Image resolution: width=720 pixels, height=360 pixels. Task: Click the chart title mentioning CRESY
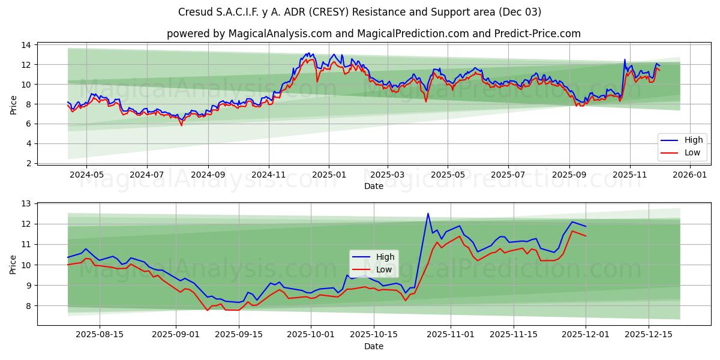click(359, 12)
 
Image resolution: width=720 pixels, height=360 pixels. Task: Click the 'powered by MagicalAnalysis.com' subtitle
click(373, 34)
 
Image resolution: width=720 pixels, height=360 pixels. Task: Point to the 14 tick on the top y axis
click(27, 45)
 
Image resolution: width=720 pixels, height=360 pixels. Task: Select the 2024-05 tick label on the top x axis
click(86, 175)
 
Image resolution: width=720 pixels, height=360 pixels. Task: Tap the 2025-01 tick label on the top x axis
click(328, 175)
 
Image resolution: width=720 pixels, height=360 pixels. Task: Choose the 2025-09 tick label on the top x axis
click(569, 175)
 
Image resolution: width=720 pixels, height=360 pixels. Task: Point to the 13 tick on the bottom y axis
click(27, 204)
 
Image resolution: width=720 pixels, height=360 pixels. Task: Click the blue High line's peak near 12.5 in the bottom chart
click(428, 214)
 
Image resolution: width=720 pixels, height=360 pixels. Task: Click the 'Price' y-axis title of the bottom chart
click(13, 264)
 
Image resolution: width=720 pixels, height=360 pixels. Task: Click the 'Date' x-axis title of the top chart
click(373, 186)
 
